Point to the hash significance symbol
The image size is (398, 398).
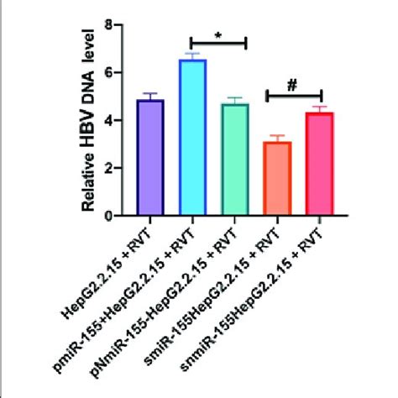coord(293,84)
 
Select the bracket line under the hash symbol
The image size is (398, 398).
coord(294,95)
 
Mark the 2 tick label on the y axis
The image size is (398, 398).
coord(107,168)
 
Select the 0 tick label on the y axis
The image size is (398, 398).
coord(107,216)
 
